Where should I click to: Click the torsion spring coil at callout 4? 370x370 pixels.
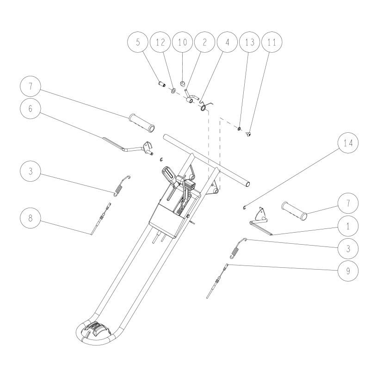(203, 108)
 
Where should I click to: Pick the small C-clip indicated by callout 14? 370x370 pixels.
(243, 207)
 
